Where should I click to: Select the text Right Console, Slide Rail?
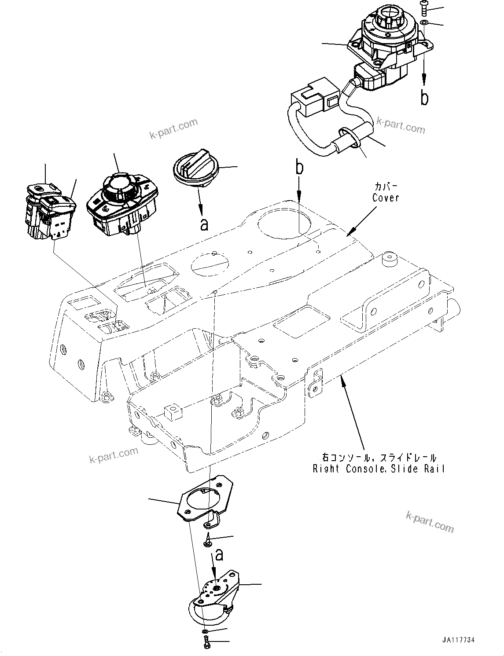[x=379, y=469]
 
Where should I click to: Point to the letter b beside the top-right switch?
[x=424, y=98]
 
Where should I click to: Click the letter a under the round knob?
[x=204, y=224]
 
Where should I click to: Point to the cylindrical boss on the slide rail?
[x=389, y=259]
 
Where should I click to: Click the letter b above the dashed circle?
[x=299, y=168]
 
